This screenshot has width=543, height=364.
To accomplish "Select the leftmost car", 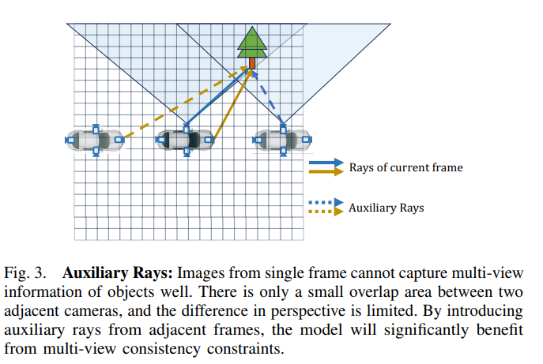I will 95,140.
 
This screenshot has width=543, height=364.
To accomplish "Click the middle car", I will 187,140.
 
